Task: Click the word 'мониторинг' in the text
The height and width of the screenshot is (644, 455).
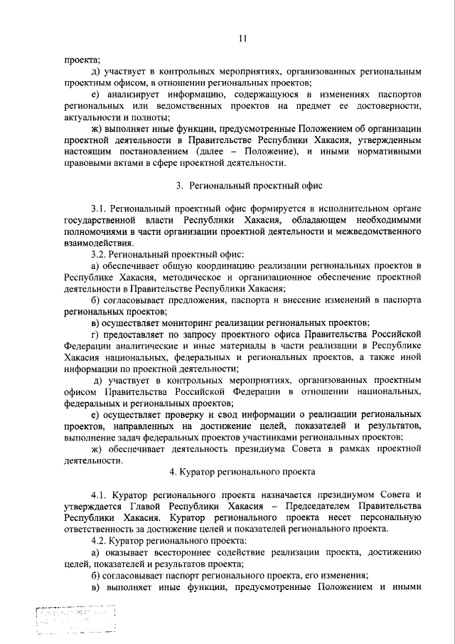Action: click(188, 322)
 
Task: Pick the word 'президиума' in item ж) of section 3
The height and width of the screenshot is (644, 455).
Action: click(277, 449)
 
